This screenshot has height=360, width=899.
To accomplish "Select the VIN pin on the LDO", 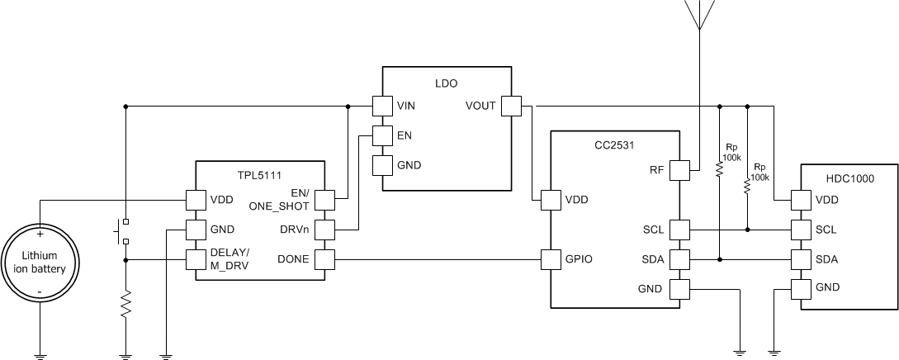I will (x=381, y=106).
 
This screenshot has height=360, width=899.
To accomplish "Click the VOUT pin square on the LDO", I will (x=511, y=106).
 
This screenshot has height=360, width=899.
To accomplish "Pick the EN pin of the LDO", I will (x=381, y=135).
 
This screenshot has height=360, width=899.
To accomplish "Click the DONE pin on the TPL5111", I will (x=324, y=260).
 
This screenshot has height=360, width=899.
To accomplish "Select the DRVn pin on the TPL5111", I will (x=324, y=230).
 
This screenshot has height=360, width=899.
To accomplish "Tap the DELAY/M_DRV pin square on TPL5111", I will (x=195, y=260).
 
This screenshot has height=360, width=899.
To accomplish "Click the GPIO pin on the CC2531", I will (x=551, y=260).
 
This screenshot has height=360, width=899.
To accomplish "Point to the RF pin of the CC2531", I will (x=679, y=170).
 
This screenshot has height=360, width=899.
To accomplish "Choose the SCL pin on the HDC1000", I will (x=800, y=229).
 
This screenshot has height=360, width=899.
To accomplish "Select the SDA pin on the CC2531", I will (x=679, y=260).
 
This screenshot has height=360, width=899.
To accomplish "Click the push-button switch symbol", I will (x=122, y=231).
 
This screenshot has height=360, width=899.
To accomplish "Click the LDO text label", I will (x=446, y=83).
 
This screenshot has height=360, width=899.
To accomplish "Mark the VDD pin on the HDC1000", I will (x=800, y=200).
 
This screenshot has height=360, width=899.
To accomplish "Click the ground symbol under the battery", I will (x=39, y=355).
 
